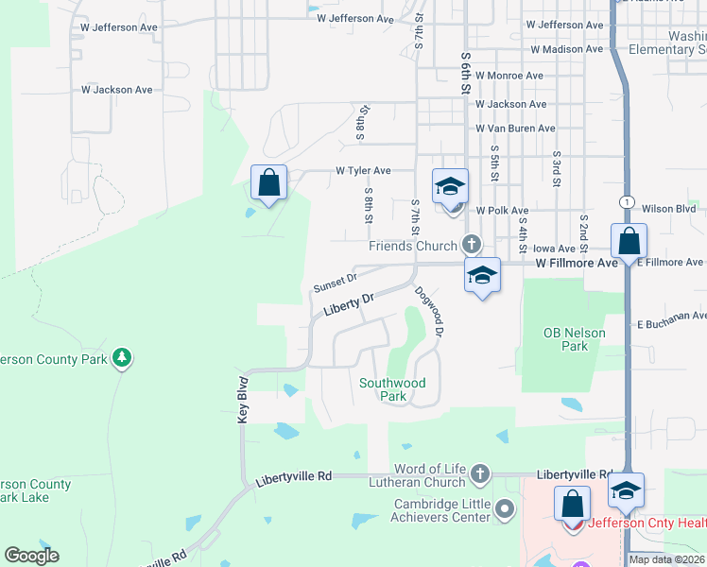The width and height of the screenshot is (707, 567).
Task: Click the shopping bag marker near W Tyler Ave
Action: (269, 181)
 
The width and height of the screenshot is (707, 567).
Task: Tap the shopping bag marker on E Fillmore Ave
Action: (629, 241)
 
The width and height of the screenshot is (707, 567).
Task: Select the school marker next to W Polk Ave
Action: (451, 185)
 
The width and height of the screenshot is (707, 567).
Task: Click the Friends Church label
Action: (412, 246)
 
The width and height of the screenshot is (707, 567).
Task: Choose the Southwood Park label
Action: (392, 389)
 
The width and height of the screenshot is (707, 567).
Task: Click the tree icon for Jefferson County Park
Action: (121, 357)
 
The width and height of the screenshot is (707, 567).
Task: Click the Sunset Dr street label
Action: (335, 281)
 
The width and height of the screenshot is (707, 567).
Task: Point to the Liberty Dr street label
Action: (349, 303)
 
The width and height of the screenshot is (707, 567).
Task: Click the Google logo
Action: (31, 555)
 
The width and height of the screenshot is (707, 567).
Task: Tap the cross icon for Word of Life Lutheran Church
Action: (480, 473)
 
